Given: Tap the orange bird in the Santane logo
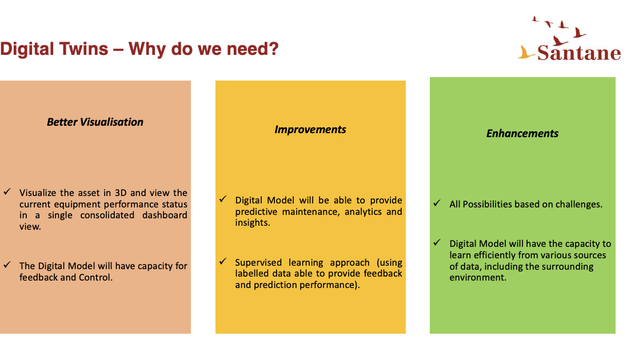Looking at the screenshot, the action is (x=526, y=53).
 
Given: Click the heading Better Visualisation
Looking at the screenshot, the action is (x=95, y=122).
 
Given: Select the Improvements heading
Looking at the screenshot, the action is (x=310, y=130).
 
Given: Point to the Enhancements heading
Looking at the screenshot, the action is (x=522, y=134).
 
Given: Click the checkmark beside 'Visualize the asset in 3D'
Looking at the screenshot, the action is (x=7, y=191).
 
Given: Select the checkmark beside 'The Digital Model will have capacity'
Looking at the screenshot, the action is (x=7, y=265).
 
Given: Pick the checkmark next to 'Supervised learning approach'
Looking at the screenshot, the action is (x=223, y=261).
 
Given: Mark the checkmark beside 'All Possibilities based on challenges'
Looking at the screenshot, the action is (x=437, y=203).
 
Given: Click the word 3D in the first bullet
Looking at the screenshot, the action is (x=121, y=193).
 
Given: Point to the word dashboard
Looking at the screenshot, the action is (x=165, y=215).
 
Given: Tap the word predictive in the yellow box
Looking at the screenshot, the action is (x=256, y=212).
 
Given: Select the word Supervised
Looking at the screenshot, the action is (x=258, y=263).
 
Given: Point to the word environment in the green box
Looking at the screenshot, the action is (x=478, y=278).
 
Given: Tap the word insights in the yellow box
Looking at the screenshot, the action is (x=253, y=223).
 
